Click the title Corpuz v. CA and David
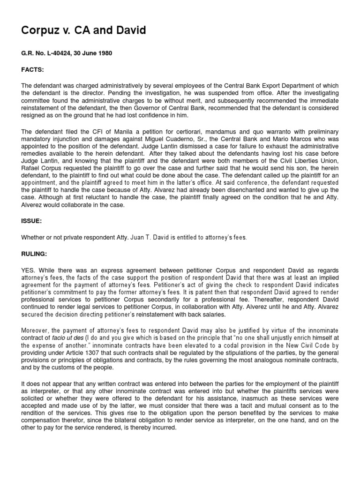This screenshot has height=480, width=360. [84, 31]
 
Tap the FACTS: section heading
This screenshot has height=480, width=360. [32, 69]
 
